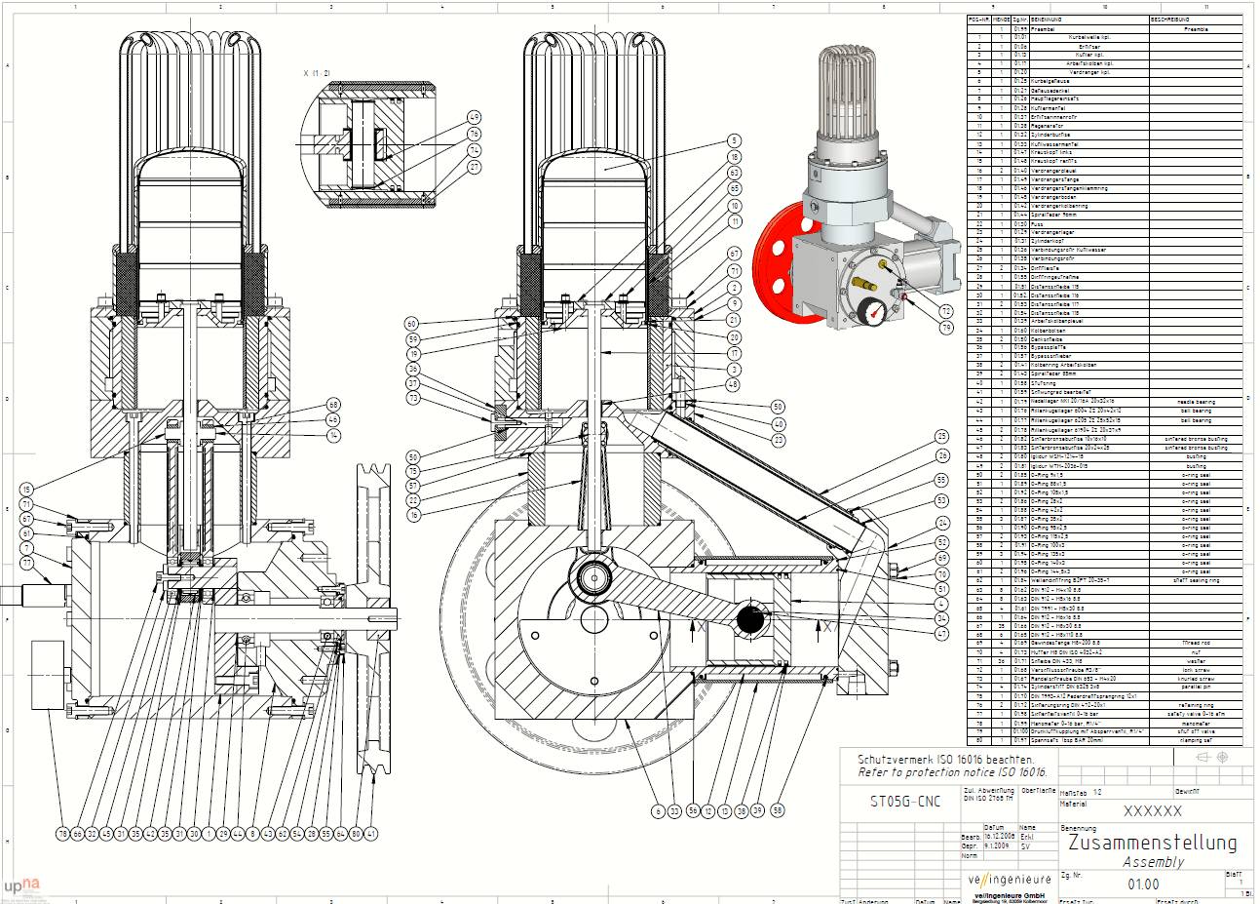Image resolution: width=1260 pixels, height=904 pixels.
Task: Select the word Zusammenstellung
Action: (1152, 843)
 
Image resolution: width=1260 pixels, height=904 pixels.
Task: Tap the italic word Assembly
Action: (1153, 862)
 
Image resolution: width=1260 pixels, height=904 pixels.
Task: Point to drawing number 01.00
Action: (1143, 884)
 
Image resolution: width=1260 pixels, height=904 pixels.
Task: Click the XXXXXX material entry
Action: (1152, 811)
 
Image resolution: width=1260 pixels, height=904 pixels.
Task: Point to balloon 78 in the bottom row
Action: (62, 834)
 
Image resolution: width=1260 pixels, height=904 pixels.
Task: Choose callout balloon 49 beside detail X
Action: (475, 116)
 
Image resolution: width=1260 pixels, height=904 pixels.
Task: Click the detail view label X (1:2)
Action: (317, 73)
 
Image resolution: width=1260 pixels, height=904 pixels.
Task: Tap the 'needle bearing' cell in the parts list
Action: (1194, 402)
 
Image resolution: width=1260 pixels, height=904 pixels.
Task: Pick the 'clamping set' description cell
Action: (1195, 740)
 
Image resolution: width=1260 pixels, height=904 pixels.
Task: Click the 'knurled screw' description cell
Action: (1195, 678)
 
